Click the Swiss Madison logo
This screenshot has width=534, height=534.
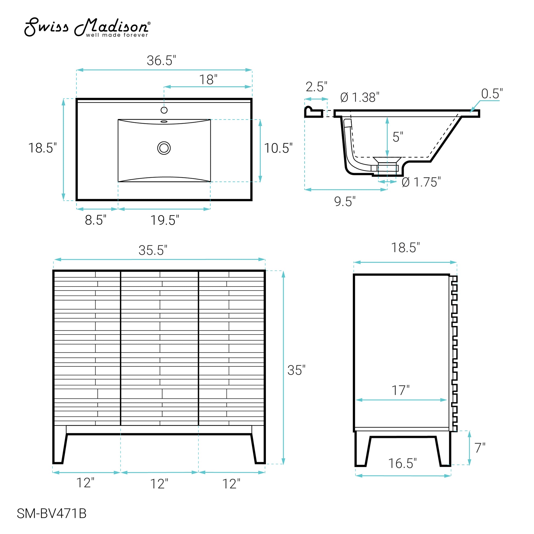[x=87, y=27]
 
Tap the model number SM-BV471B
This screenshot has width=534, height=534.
[x=52, y=513]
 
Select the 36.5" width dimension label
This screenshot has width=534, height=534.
[x=161, y=60]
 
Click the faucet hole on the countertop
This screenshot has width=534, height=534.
[x=164, y=110]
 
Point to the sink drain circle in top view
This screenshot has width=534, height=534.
[x=164, y=148]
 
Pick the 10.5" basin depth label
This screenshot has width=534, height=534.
[x=278, y=148]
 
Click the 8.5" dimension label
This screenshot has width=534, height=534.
[x=96, y=220]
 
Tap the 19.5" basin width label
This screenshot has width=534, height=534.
[x=165, y=220]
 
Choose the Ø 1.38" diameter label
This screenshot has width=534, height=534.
[x=360, y=97]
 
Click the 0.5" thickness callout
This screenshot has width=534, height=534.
[x=492, y=94]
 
